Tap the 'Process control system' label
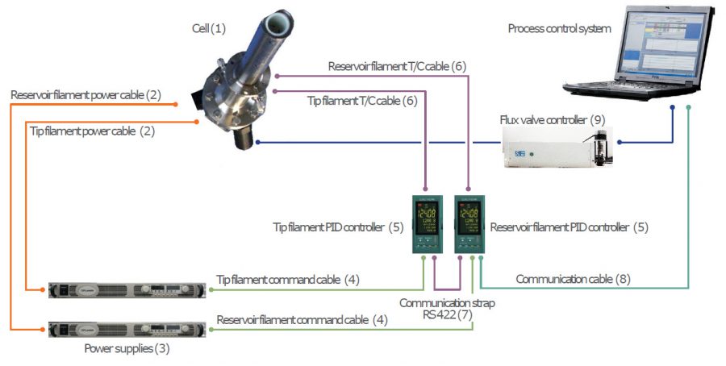[559, 29]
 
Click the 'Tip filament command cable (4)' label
[287, 280]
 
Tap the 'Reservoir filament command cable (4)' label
[302, 320]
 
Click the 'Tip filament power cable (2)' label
[92, 130]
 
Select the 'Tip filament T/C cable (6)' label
[362, 101]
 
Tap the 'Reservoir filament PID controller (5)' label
[569, 227]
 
